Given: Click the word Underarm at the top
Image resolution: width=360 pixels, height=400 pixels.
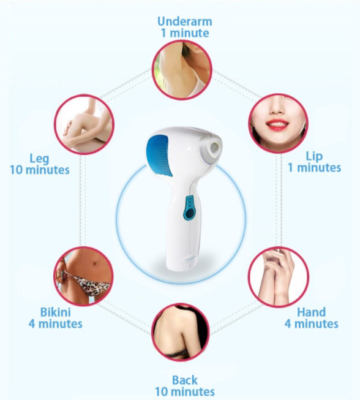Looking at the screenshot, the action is (184, 21).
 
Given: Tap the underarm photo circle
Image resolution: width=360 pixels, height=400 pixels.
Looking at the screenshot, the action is (182, 70).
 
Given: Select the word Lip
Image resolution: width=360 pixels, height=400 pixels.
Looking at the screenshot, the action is (314, 157).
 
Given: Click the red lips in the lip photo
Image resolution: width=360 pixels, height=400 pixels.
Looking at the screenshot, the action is (277, 125).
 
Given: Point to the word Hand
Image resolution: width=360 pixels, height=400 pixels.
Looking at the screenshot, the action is (311, 312).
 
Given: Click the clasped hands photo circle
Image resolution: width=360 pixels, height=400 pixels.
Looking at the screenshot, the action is (279, 276).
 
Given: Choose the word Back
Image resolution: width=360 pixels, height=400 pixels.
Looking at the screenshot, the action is (184, 380).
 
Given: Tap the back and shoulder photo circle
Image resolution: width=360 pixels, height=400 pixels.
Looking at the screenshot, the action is (181, 331).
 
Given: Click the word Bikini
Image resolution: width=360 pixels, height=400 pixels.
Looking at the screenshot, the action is (55, 312).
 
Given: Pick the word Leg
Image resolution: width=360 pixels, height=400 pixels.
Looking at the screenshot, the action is (39, 159).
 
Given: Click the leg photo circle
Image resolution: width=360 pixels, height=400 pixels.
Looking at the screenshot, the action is (84, 124).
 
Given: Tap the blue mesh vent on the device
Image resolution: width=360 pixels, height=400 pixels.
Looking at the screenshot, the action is (159, 155).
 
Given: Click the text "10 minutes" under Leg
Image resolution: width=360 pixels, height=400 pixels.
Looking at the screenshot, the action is (40, 170).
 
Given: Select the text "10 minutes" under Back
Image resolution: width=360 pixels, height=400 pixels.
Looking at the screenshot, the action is (184, 391).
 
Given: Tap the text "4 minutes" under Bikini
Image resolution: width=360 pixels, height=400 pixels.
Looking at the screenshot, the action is (55, 323).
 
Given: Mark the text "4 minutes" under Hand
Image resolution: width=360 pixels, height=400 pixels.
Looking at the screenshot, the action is (311, 323).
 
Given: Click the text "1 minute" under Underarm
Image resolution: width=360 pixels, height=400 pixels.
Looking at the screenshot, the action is (185, 33).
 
